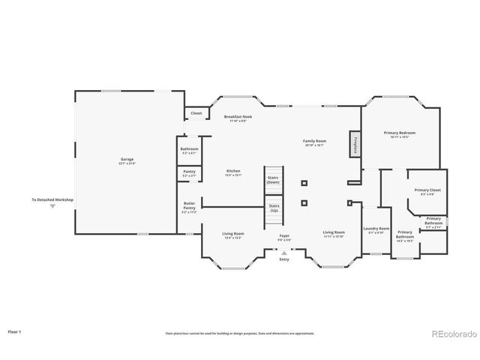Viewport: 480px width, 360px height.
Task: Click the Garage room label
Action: tap(127, 160)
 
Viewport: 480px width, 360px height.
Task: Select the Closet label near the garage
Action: tap(196, 113)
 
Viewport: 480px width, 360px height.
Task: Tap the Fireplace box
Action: tap(352, 144)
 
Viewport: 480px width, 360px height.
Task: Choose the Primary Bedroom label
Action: tap(400, 134)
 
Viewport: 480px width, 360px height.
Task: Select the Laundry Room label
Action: tap(376, 229)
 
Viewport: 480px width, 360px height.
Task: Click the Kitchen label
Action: tap(233, 172)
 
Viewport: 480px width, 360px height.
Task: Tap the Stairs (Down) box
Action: tap(273, 180)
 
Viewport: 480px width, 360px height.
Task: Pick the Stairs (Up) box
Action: tap(274, 208)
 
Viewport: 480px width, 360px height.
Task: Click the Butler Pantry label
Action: tap(189, 208)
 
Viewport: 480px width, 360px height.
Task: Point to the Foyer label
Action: tap(284, 237)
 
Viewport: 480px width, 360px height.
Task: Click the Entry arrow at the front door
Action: tap(284, 253)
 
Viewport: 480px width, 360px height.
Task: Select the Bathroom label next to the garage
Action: tap(189, 150)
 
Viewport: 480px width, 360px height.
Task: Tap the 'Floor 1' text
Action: tap(15, 331)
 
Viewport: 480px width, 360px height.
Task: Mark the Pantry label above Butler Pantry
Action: tap(189, 173)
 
